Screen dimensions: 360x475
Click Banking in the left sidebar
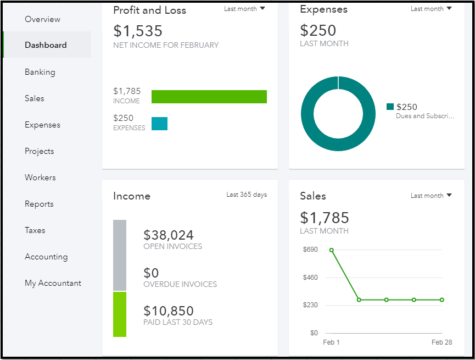[x=40, y=72]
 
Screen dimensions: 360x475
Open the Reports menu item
[x=39, y=204]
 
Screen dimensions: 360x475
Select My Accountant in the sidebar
[x=53, y=283]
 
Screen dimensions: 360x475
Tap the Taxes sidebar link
[x=35, y=230]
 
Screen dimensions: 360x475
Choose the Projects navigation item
[x=40, y=151]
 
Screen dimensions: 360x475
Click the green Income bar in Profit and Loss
[x=209, y=97]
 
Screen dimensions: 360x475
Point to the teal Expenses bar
[x=159, y=124]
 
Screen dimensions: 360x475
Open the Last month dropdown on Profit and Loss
[x=244, y=9]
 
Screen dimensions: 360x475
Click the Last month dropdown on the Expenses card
[x=431, y=9]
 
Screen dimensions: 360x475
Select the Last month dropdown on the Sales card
[x=431, y=196]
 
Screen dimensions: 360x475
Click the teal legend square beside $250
[x=390, y=107]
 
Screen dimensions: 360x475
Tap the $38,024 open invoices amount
[x=169, y=235]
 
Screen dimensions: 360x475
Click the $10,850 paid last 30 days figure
[x=169, y=311]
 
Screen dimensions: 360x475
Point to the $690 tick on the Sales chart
[x=310, y=250]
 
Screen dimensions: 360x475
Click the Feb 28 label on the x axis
[x=442, y=342]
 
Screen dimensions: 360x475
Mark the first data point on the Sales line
[x=332, y=250]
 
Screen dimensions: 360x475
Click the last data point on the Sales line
[x=442, y=300]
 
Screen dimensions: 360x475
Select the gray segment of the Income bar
[x=120, y=255]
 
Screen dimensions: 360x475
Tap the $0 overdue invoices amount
[x=151, y=273]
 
